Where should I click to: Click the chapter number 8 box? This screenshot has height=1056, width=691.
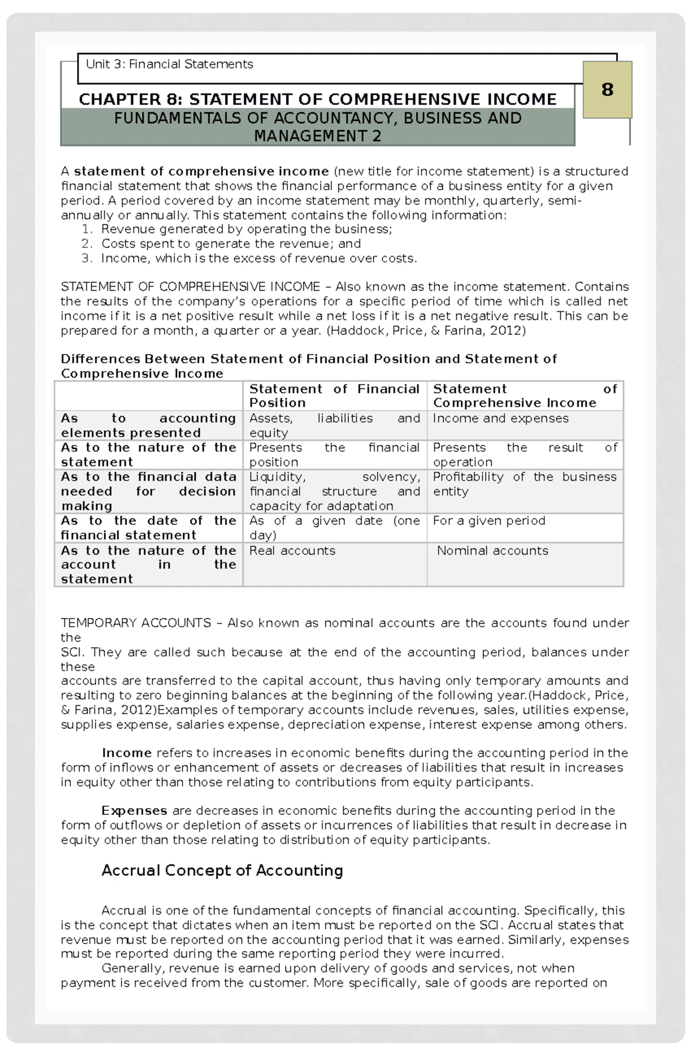click(x=607, y=90)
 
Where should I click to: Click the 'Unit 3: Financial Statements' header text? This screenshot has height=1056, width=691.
click(x=169, y=64)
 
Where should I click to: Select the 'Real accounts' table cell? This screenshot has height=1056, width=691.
click(x=292, y=551)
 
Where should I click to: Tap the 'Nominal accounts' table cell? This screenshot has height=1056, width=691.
click(x=492, y=551)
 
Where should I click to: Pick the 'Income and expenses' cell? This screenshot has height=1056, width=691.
click(x=500, y=418)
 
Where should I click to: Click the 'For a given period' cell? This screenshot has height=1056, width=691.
click(x=489, y=521)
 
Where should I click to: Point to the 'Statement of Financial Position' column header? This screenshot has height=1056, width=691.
click(x=334, y=396)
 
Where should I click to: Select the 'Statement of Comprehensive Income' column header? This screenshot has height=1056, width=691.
click(x=525, y=396)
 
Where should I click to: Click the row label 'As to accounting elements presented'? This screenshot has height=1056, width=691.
click(x=148, y=425)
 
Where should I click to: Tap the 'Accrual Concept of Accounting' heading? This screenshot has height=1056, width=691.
click(x=222, y=870)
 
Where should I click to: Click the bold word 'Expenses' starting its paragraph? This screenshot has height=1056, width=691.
click(x=134, y=810)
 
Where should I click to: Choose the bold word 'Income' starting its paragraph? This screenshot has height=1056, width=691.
click(x=127, y=753)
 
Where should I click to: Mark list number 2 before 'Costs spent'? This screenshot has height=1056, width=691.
click(x=86, y=243)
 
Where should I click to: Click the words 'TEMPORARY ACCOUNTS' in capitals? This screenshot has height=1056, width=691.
click(x=136, y=623)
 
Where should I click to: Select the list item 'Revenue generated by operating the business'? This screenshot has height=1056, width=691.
click(x=246, y=229)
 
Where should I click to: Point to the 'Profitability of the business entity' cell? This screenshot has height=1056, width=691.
click(x=524, y=484)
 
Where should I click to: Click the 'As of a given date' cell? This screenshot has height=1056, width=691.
click(x=334, y=528)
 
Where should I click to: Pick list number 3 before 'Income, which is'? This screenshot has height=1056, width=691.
click(x=86, y=258)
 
